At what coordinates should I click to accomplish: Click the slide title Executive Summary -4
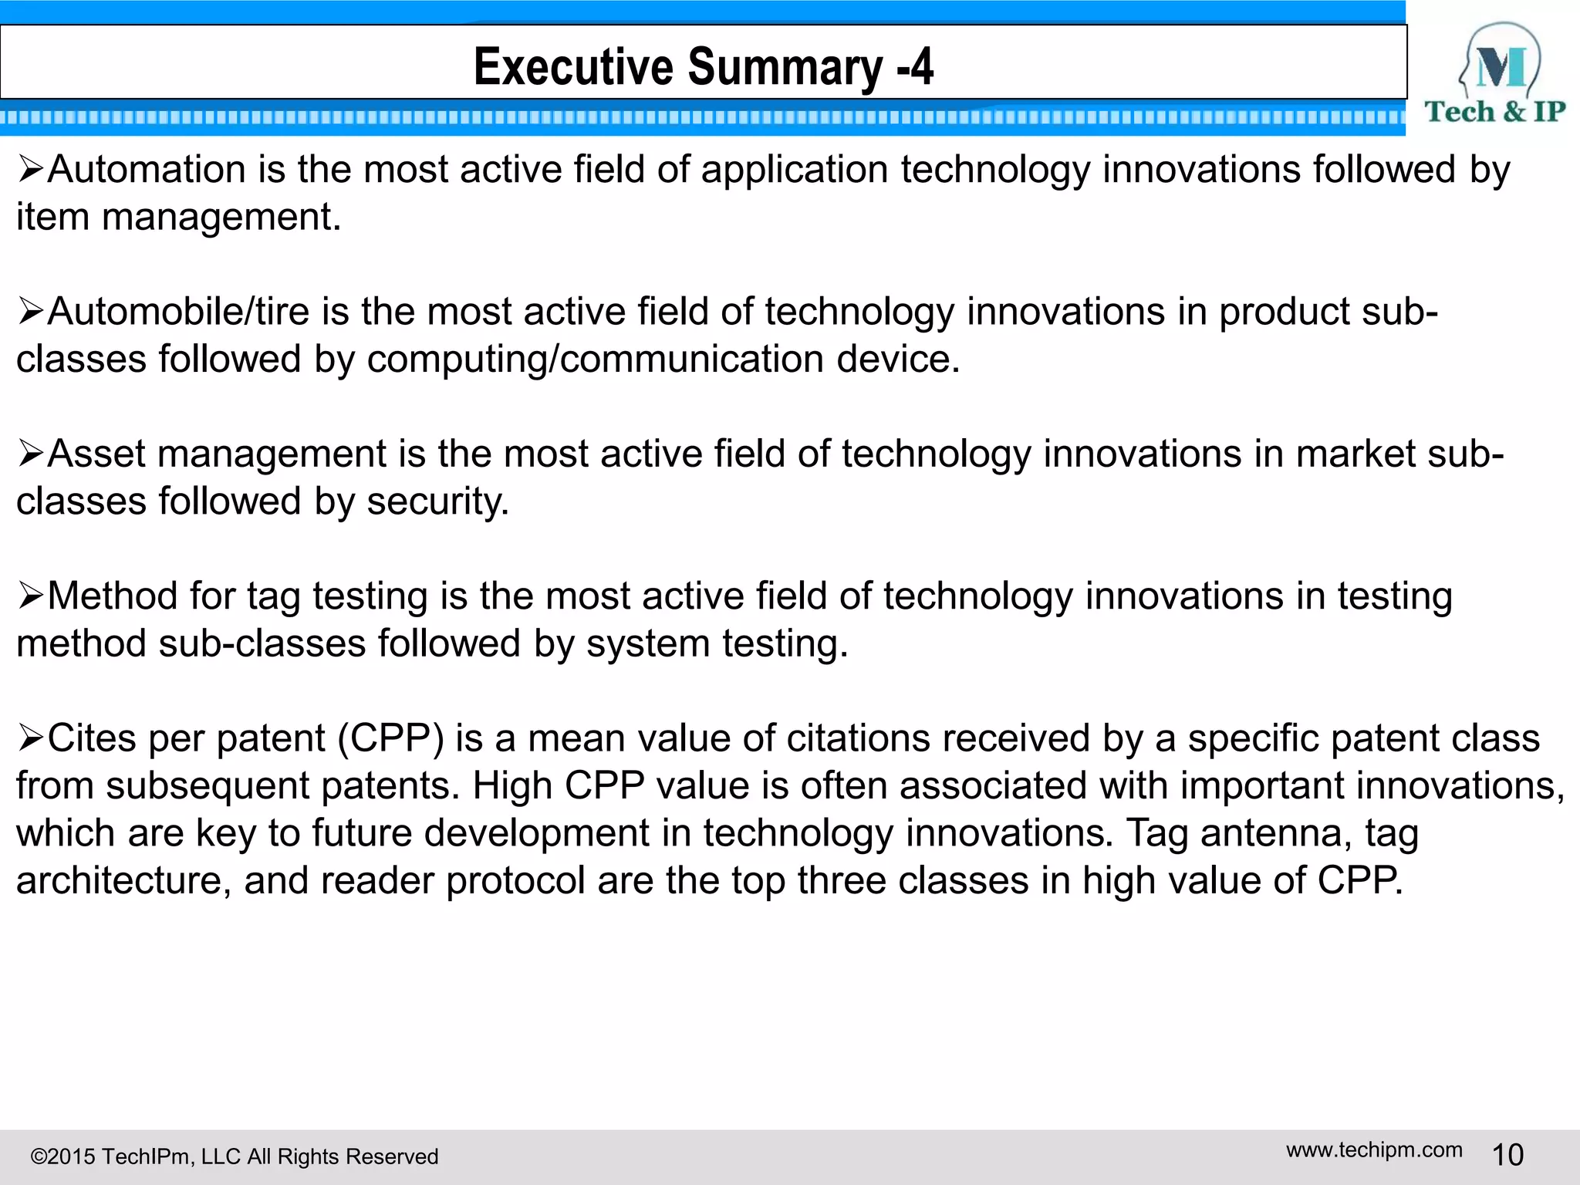(x=703, y=66)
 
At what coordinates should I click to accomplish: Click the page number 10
(x=1507, y=1155)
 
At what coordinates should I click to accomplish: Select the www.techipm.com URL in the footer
(x=1374, y=1150)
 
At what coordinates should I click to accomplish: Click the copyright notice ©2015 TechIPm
(x=234, y=1156)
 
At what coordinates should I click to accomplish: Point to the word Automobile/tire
(x=178, y=312)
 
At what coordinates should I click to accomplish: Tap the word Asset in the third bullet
(x=96, y=454)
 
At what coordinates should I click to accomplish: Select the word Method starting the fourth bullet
(x=113, y=596)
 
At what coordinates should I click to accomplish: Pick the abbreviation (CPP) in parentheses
(x=391, y=738)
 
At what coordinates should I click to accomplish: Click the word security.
(x=437, y=501)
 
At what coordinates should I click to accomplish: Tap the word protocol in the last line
(x=515, y=880)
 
